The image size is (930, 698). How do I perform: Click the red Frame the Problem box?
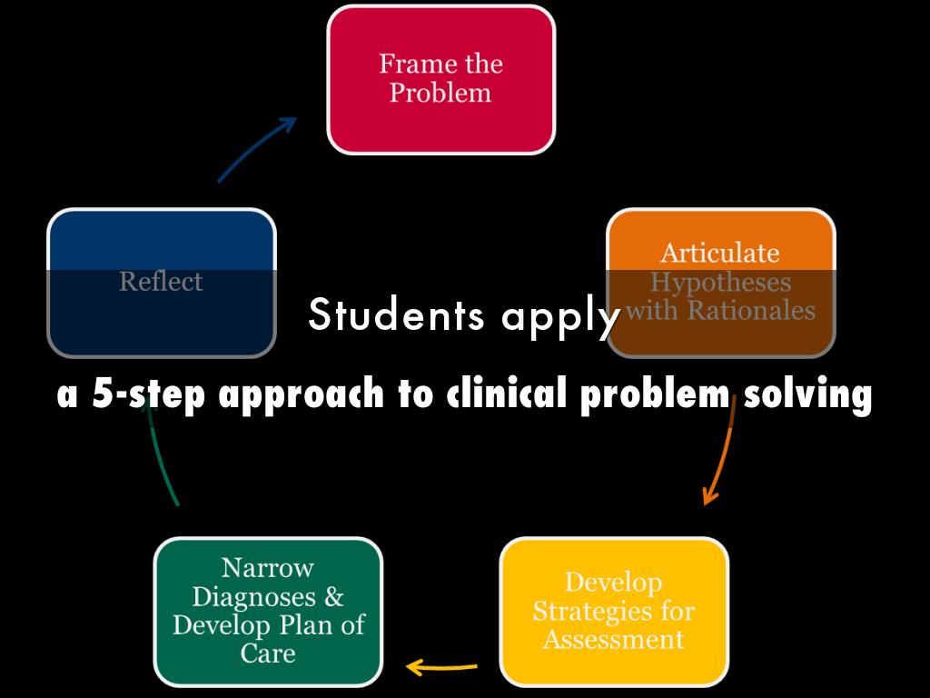(440, 79)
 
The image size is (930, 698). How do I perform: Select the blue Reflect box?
(161, 283)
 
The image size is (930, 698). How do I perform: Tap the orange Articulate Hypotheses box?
(720, 282)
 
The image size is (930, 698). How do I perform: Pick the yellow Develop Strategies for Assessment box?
(614, 611)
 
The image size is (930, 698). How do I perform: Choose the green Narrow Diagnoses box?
(268, 611)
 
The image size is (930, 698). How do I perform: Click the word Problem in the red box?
(440, 94)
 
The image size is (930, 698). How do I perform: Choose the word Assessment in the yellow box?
(614, 640)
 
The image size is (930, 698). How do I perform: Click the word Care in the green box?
(268, 653)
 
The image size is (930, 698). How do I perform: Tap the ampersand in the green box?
(333, 597)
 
